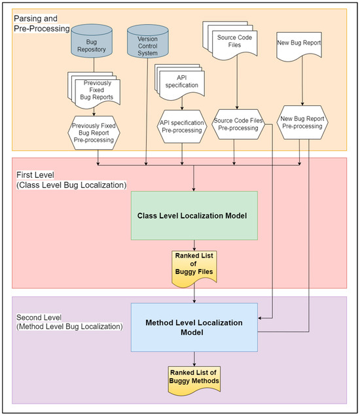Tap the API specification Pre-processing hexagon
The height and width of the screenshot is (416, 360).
point(182,126)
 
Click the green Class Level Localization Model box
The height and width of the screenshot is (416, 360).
point(195,215)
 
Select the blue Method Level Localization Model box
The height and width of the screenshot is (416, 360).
point(194,328)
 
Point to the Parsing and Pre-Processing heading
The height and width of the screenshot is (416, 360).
point(40,24)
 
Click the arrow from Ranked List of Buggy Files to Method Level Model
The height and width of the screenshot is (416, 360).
point(194,294)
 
